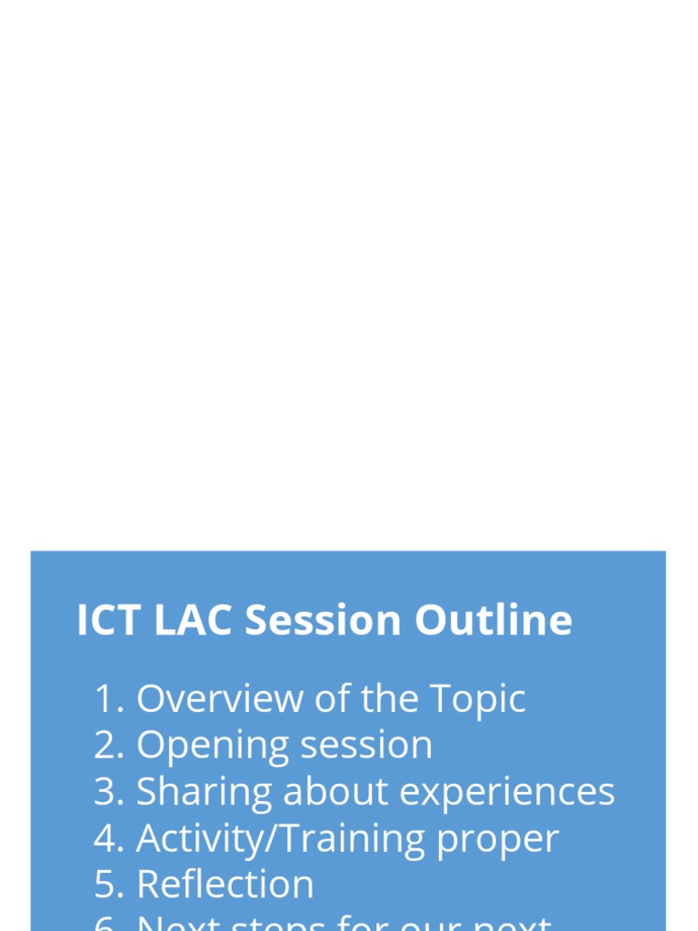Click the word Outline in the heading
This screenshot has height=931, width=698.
pyautogui.click(x=494, y=621)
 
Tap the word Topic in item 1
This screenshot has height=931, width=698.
pyautogui.click(x=477, y=699)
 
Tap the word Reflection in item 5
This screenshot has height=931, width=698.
pyautogui.click(x=225, y=885)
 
